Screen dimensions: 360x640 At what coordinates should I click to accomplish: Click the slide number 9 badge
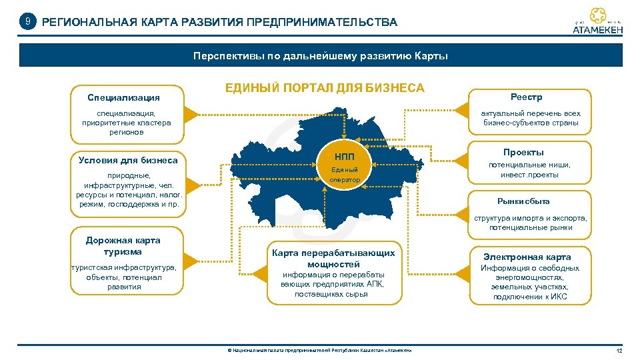coord(27,22)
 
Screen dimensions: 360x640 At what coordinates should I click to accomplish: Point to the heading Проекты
coord(523,152)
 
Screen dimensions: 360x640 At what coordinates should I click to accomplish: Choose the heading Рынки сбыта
coord(523,201)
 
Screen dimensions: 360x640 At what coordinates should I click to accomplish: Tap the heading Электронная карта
coord(527,257)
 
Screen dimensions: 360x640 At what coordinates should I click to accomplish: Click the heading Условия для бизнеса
coord(128,160)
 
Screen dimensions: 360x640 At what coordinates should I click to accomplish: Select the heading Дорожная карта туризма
coord(123,246)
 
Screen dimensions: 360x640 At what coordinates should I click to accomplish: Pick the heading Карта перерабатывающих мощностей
coord(333,258)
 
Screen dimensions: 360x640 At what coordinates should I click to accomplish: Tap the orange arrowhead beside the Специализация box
coord(191,114)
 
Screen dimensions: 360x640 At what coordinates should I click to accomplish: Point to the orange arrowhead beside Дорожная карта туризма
coord(191,261)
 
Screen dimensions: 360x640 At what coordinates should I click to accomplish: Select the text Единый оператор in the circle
coord(345,175)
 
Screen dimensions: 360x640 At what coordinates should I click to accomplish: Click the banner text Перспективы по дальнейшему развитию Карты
coord(321,56)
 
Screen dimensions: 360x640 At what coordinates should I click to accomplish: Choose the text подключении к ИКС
coord(530,297)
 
